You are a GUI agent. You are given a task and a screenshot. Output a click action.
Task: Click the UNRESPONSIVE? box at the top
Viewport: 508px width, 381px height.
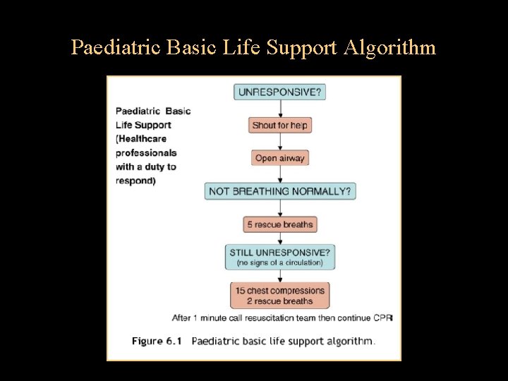pyautogui.click(x=280, y=92)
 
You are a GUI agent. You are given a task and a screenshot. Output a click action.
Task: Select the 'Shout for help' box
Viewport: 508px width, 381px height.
pyautogui.click(x=280, y=125)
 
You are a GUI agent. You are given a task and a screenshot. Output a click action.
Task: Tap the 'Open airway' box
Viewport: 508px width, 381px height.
pyautogui.click(x=280, y=158)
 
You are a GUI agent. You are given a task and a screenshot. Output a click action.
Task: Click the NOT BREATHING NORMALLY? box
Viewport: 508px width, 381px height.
pyautogui.click(x=280, y=191)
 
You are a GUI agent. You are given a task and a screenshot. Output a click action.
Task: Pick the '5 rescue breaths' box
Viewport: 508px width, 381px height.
pyautogui.click(x=280, y=224)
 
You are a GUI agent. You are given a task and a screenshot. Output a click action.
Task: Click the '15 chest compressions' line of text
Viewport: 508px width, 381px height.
pyautogui.click(x=280, y=291)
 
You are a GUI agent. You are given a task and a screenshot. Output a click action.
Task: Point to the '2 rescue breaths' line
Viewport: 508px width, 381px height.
pyautogui.click(x=280, y=301)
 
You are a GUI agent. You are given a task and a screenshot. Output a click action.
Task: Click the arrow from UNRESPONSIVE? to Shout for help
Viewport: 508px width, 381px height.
pyautogui.click(x=280, y=109)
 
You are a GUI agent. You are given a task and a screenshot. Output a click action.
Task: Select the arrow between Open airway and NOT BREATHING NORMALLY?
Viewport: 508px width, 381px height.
pyautogui.click(x=280, y=174)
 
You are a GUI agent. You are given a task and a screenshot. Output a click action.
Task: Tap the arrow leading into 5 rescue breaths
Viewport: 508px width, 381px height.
pyautogui.click(x=280, y=208)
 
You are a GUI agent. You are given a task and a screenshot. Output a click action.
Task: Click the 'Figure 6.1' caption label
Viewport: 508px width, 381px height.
pyautogui.click(x=157, y=341)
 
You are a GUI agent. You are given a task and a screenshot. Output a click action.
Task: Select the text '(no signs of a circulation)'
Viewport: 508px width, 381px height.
pyautogui.click(x=280, y=262)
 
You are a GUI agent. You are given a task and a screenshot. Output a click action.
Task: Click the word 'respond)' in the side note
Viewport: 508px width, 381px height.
pyautogui.click(x=136, y=181)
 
